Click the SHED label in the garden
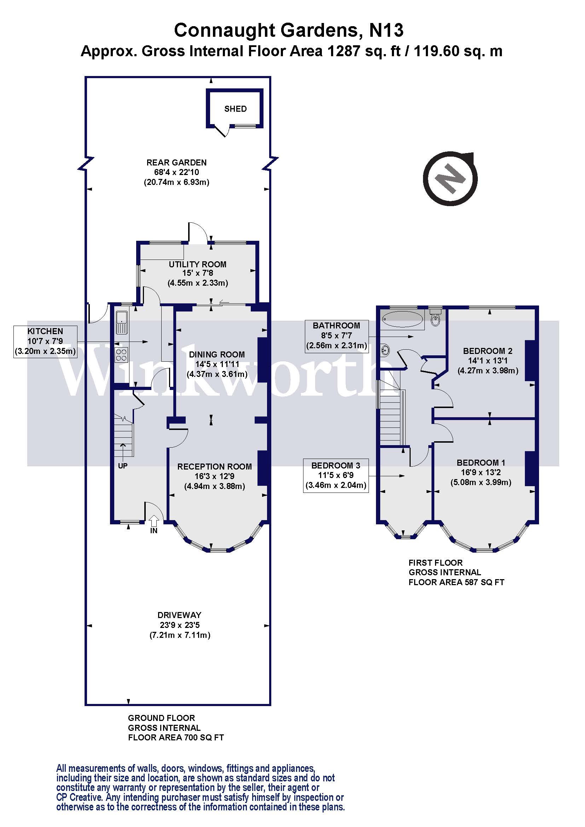click(x=235, y=109)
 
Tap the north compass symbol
click(x=450, y=179)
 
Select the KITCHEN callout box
click(x=45, y=341)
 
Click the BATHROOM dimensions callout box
click(x=336, y=336)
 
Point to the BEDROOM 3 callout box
click(x=335, y=475)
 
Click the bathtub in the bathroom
click(x=403, y=319)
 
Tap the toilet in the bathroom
click(x=435, y=319)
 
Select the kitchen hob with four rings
click(x=121, y=355)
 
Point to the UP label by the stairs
click(x=122, y=466)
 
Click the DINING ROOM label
click(x=217, y=354)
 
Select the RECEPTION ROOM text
click(x=214, y=466)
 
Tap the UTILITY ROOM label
click(x=197, y=264)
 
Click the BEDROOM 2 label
click(x=487, y=351)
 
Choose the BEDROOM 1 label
click(x=481, y=462)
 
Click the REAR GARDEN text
click(x=176, y=162)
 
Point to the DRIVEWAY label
click(x=179, y=615)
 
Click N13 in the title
click(x=386, y=30)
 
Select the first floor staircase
click(x=390, y=418)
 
